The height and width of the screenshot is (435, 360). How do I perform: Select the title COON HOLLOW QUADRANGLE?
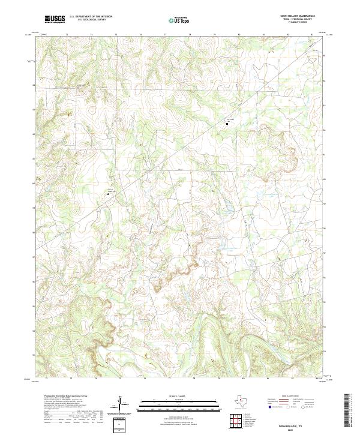click(x=301, y=16)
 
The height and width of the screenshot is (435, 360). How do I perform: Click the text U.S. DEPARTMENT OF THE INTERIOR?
click(x=91, y=17)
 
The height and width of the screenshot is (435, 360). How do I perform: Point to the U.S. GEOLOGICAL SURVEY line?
click(x=91, y=20)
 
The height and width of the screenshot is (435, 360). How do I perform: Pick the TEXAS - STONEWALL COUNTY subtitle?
click(x=301, y=20)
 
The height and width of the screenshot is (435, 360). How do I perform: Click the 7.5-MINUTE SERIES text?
click(x=301, y=23)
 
